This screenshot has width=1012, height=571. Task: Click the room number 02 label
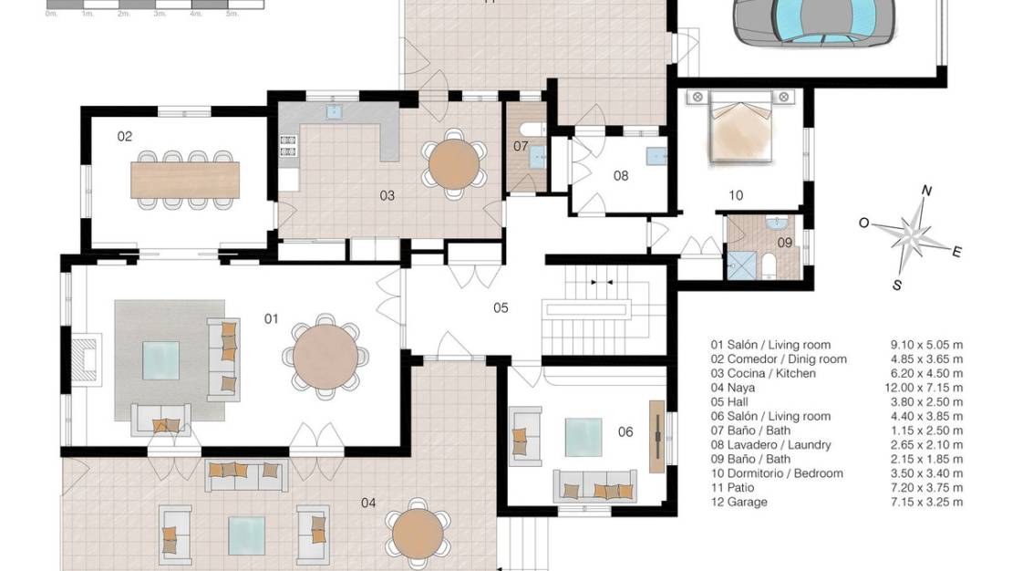pos(125,136)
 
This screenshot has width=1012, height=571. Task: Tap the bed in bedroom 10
pos(740,126)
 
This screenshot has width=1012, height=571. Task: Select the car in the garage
pos(814,22)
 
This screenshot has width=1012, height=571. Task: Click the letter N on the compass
pos(927,191)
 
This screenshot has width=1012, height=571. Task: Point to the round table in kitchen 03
pos(455,163)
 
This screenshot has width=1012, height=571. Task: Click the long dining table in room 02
pos(185,181)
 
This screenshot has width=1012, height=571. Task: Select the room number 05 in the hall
pos(501,308)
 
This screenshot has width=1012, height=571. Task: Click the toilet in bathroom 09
pos(768,265)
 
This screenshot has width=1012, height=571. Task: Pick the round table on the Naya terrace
pos(418,535)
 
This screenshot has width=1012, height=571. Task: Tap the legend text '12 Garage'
pos(739,502)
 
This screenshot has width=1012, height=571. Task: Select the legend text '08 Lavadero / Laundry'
pos(771,445)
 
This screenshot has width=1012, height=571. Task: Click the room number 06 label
pos(625,432)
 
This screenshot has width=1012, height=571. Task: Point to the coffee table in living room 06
pos(583,437)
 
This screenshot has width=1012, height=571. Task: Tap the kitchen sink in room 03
pos(334,112)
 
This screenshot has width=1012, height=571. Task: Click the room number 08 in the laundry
pos(621,176)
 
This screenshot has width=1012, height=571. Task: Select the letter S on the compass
pos(897,285)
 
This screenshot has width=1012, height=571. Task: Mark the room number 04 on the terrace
pos(368,503)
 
